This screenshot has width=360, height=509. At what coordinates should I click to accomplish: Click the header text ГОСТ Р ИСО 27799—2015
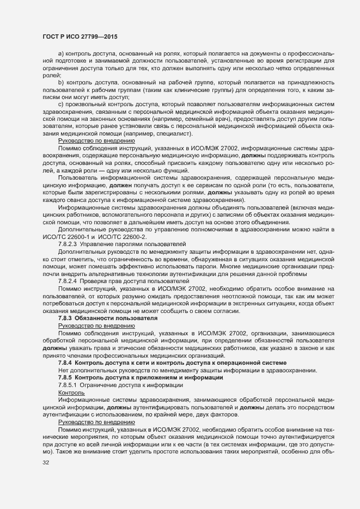[x=81, y=36]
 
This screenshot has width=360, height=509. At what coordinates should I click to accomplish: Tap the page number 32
[x=46, y=463]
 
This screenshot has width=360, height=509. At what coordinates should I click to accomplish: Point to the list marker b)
[x=61, y=82]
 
